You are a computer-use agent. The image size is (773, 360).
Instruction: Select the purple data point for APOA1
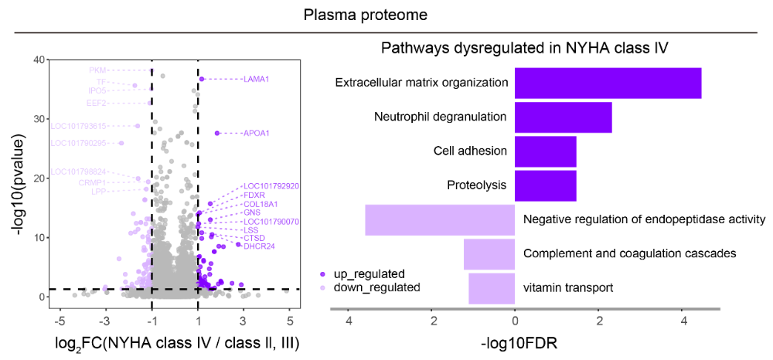point(217,133)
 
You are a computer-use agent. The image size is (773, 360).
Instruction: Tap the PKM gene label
point(97,70)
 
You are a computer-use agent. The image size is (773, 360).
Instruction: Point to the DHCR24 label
point(261,246)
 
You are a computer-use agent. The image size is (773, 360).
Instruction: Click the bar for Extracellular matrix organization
point(608,83)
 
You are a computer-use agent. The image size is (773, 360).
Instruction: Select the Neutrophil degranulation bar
point(563,117)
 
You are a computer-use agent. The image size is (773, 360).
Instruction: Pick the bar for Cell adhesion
point(545,151)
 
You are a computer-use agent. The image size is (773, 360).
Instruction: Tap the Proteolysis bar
point(545,185)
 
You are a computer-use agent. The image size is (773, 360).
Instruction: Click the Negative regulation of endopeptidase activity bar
point(440,219)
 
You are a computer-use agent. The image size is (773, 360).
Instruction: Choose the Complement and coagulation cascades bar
point(489,254)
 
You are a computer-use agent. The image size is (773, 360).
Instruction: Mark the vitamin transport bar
point(492,288)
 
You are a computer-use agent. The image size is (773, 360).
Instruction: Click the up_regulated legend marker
point(322,273)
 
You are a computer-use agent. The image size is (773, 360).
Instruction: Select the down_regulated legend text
point(376,287)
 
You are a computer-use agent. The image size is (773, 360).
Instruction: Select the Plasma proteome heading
point(366,15)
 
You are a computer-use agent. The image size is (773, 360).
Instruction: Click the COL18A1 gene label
point(261,204)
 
